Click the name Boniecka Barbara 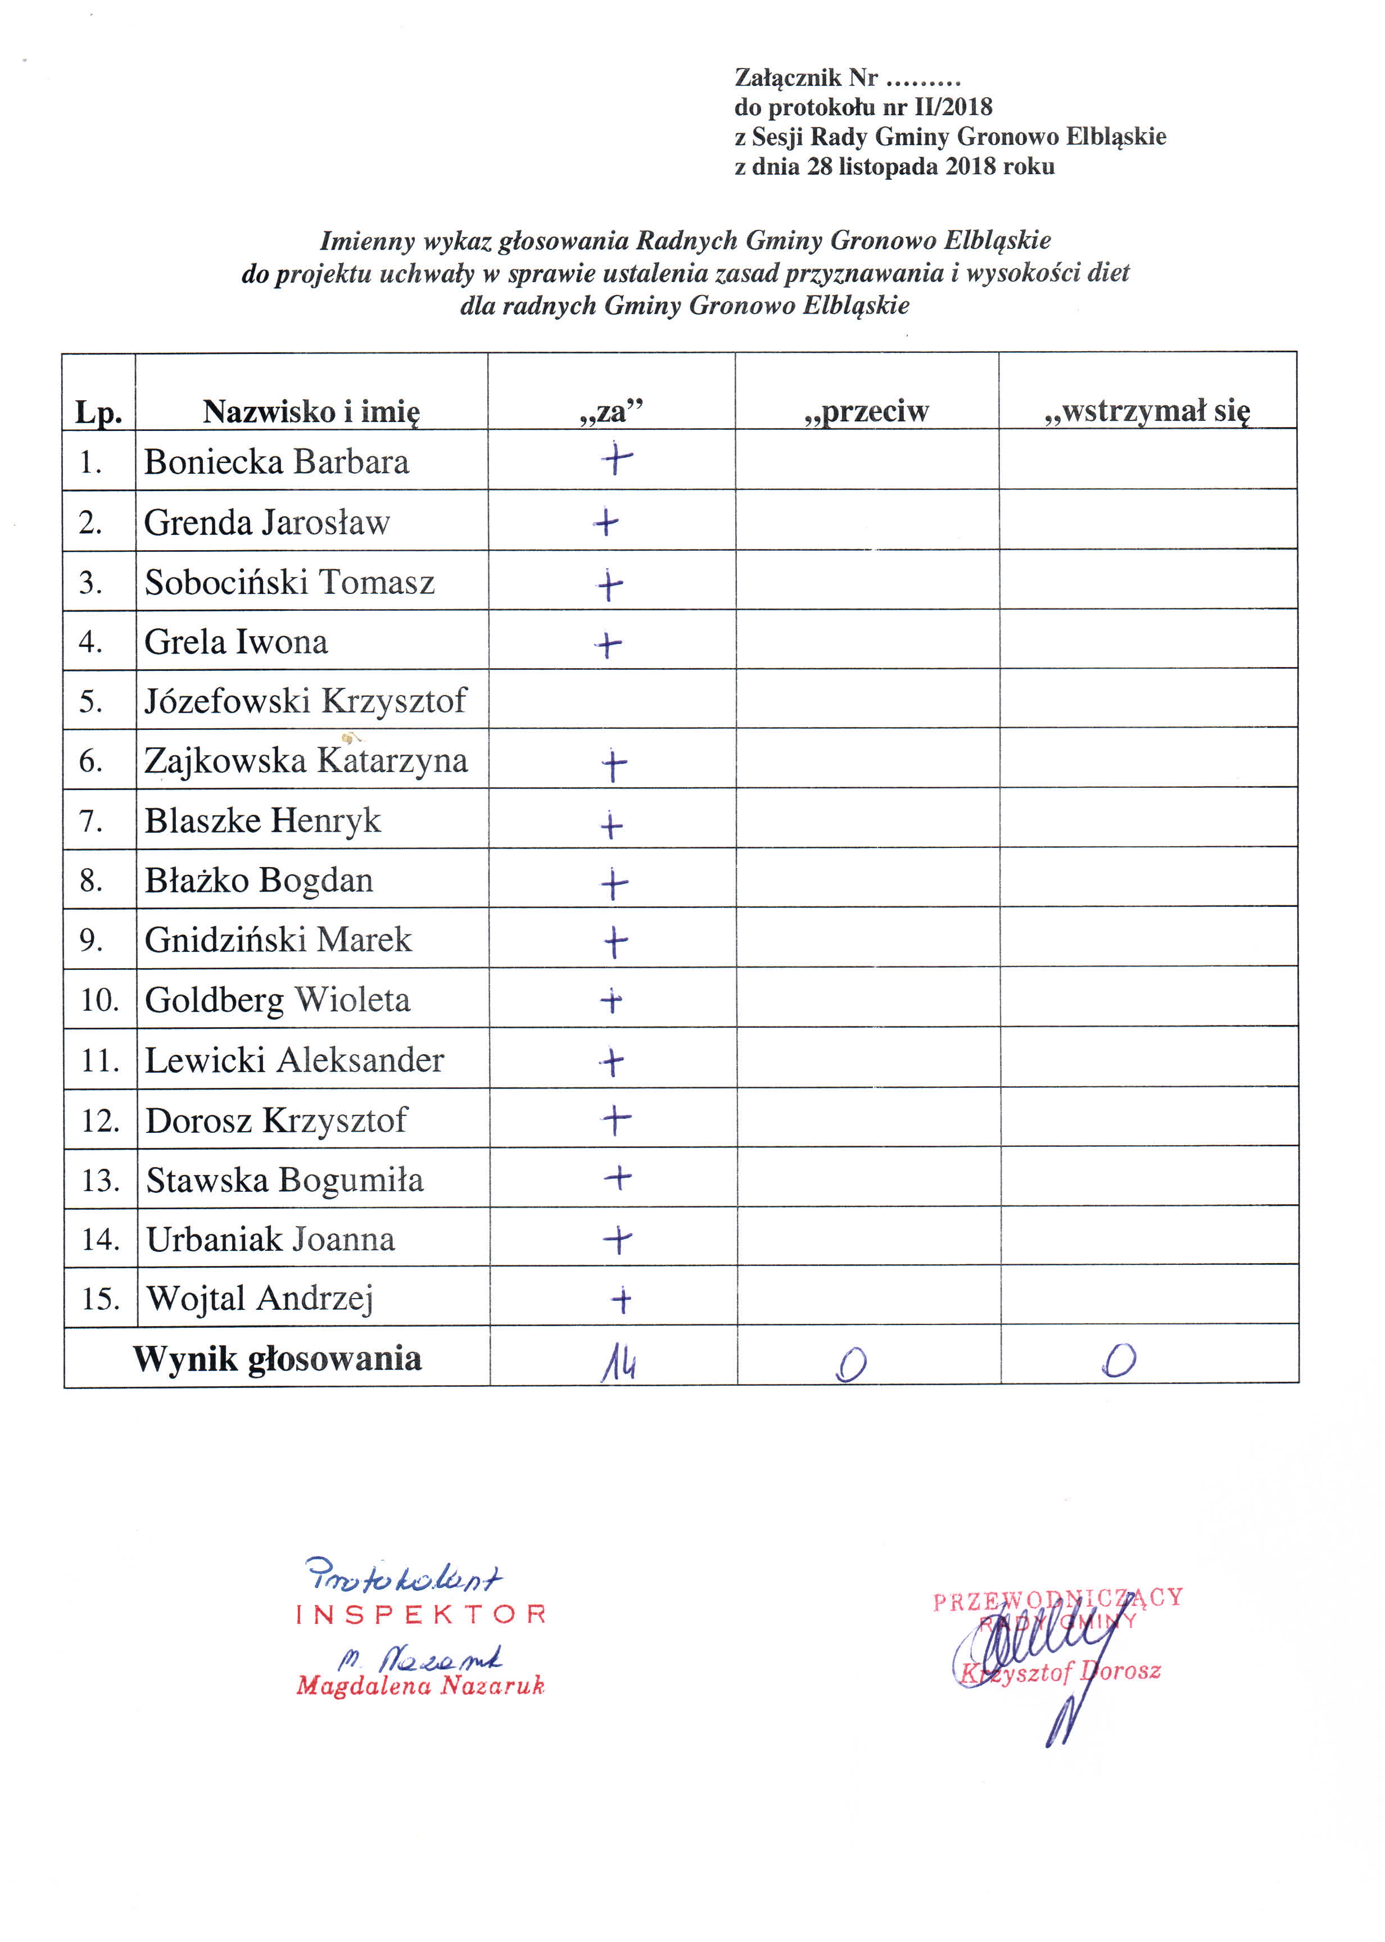point(277,462)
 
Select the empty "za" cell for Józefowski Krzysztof point(612,699)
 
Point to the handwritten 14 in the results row point(618,1364)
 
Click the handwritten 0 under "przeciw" point(851,1364)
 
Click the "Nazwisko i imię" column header point(311,412)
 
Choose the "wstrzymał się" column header point(1147,411)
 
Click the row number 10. point(101,1000)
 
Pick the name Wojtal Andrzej point(260,1299)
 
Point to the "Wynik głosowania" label point(277,1359)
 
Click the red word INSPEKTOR point(420,1614)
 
